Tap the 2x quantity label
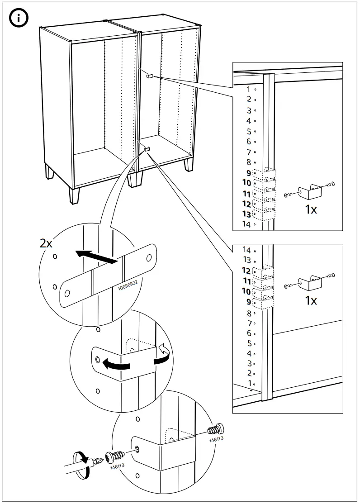pos(46,243)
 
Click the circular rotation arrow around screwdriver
pos(82,464)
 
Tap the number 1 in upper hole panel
pos(248,90)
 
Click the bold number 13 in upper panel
pos(246,214)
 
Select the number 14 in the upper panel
pos(246,224)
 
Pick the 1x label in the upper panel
pos(311,210)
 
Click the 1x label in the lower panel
pos(311,300)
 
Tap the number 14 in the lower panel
pos(247,250)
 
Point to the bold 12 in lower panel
pos(246,271)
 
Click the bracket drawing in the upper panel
pos(311,193)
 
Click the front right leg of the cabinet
pos(134,180)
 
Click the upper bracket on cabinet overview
pos(150,76)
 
